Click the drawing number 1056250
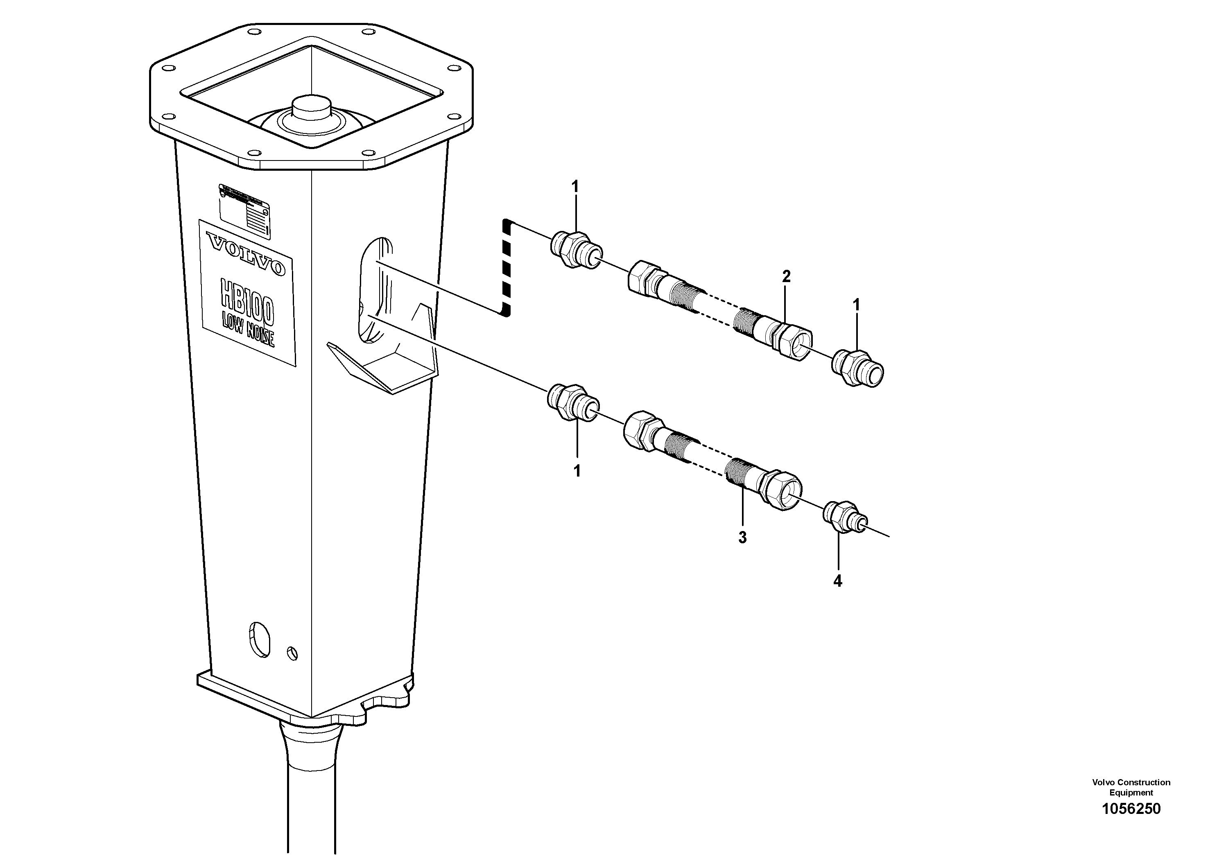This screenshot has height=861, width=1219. (1131, 809)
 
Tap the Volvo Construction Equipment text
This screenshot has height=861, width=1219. (1131, 787)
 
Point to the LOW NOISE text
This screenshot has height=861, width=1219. (248, 331)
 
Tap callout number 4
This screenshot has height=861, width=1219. (838, 581)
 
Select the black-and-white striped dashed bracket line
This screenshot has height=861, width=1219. (506, 268)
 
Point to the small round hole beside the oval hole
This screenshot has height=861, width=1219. (292, 653)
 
